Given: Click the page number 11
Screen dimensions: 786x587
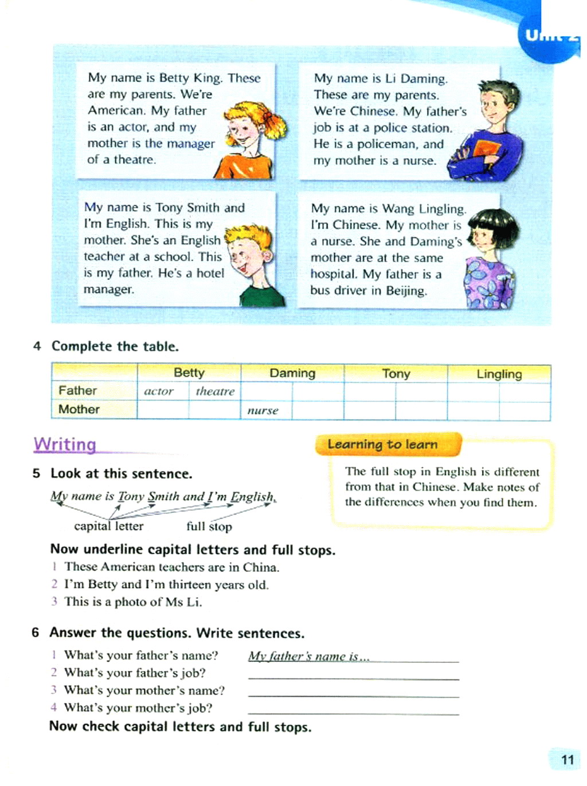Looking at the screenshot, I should pos(567,759).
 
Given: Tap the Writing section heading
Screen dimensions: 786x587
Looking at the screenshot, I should pos(65,444).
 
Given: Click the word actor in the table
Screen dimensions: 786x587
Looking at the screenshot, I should pos(159,392).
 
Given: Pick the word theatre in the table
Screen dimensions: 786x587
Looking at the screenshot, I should pos(215,392).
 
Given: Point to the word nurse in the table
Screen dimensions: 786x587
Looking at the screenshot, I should pos(263,410).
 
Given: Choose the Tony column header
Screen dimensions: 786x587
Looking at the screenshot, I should pos(396,374).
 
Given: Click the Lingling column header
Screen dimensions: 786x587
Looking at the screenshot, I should pos(499,374).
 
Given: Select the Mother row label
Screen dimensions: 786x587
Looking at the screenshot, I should pos(79,409).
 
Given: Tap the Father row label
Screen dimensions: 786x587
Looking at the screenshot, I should pos(77,390).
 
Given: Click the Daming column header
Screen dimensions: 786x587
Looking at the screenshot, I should pos(292,373).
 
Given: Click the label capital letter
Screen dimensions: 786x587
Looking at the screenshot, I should pos(108,526).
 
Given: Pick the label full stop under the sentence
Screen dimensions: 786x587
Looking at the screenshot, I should pos(209,526).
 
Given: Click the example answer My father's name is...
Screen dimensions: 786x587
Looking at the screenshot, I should pos(308,656).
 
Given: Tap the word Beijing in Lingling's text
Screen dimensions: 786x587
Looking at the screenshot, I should pos(406,291).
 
